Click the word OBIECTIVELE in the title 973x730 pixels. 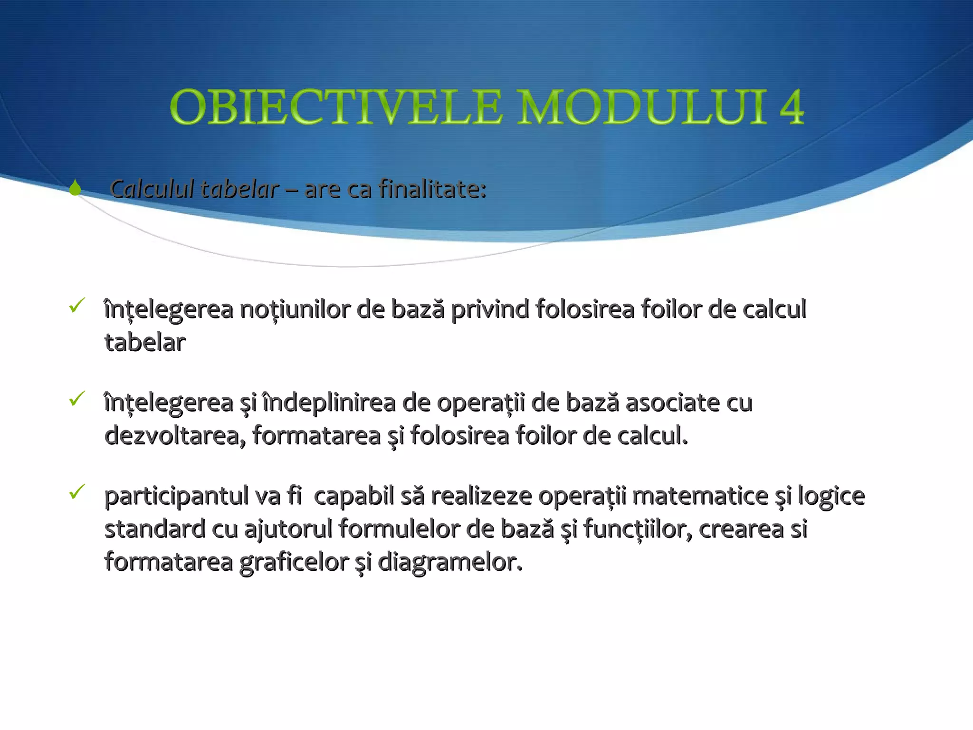[335, 107]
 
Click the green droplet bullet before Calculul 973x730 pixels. [75, 188]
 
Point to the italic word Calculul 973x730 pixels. [152, 189]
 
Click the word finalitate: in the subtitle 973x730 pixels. [432, 189]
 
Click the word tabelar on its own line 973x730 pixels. [145, 343]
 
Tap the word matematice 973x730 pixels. [700, 496]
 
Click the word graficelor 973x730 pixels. [294, 563]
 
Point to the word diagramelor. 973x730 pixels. [449, 563]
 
